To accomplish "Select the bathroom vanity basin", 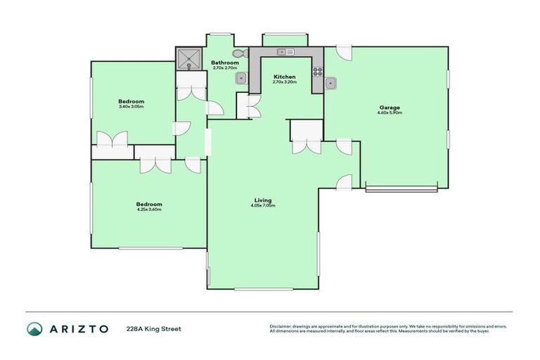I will [240, 77].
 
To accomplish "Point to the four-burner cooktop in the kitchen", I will [318, 71].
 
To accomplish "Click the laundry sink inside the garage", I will [333, 84].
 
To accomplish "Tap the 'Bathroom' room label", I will [225, 63].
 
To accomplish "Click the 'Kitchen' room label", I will [284, 77].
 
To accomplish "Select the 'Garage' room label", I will [389, 107].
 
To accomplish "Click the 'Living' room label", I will [263, 200].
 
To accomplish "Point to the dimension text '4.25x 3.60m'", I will [149, 210].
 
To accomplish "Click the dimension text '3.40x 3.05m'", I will [131, 107].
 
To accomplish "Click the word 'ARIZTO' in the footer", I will [79, 329].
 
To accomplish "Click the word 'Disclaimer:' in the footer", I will [281, 326].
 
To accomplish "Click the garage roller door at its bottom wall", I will [401, 188].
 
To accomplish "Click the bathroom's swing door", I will [215, 108].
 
